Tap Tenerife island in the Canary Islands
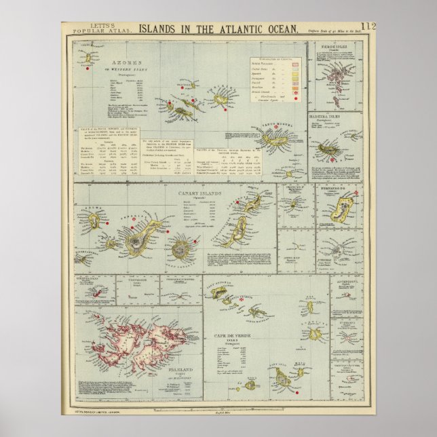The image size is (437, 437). click(x=139, y=237)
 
